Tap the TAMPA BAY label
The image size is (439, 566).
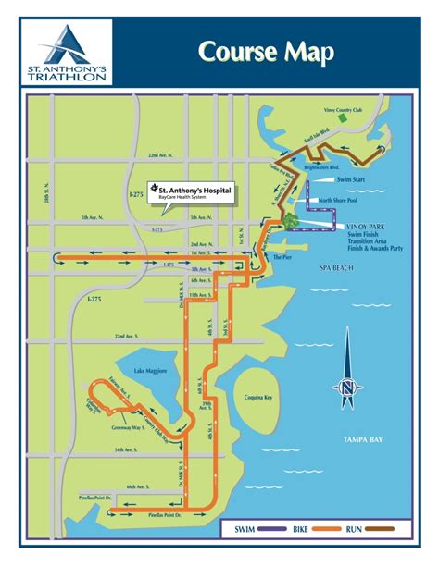(362, 438)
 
